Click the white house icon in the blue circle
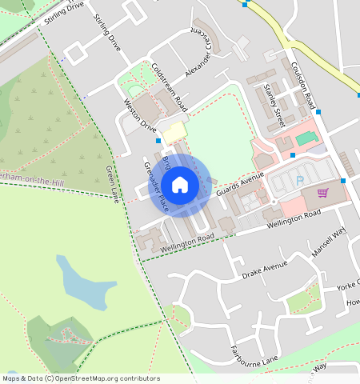click(181, 185)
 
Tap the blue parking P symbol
click(300, 180)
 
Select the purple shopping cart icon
click(322, 192)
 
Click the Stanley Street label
click(275, 110)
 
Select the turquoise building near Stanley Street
click(304, 138)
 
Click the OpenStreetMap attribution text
click(80, 378)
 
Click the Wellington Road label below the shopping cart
click(294, 216)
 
